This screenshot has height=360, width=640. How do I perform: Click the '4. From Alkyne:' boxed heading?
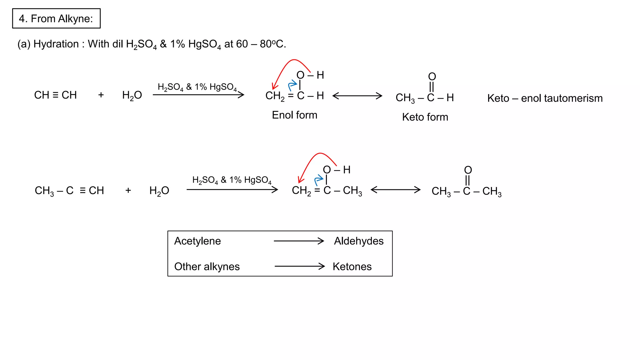coord(56,19)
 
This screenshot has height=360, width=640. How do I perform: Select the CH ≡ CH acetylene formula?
coord(55,95)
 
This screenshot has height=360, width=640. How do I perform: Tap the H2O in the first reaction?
coord(132,95)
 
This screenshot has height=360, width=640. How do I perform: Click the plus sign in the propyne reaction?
coord(128,190)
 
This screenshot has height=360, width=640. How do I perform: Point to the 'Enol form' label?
coord(294,115)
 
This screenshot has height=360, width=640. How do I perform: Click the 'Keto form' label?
coord(425,117)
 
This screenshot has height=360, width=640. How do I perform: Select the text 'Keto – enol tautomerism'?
coord(545,98)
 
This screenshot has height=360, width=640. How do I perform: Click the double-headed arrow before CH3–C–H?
coord(357,96)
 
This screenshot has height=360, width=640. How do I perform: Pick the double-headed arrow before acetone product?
coord(396,190)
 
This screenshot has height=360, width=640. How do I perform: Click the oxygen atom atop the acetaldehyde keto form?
coord(432,77)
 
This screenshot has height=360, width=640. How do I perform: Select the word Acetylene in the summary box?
coord(197,241)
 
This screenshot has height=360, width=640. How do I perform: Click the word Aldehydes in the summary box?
coord(358,241)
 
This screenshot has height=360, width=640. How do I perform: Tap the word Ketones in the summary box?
coord(352,267)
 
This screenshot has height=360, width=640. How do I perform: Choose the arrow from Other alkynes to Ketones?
coord(299,266)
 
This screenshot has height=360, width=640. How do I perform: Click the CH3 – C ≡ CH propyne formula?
coord(69,191)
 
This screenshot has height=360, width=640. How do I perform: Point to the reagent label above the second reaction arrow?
coord(232,180)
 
